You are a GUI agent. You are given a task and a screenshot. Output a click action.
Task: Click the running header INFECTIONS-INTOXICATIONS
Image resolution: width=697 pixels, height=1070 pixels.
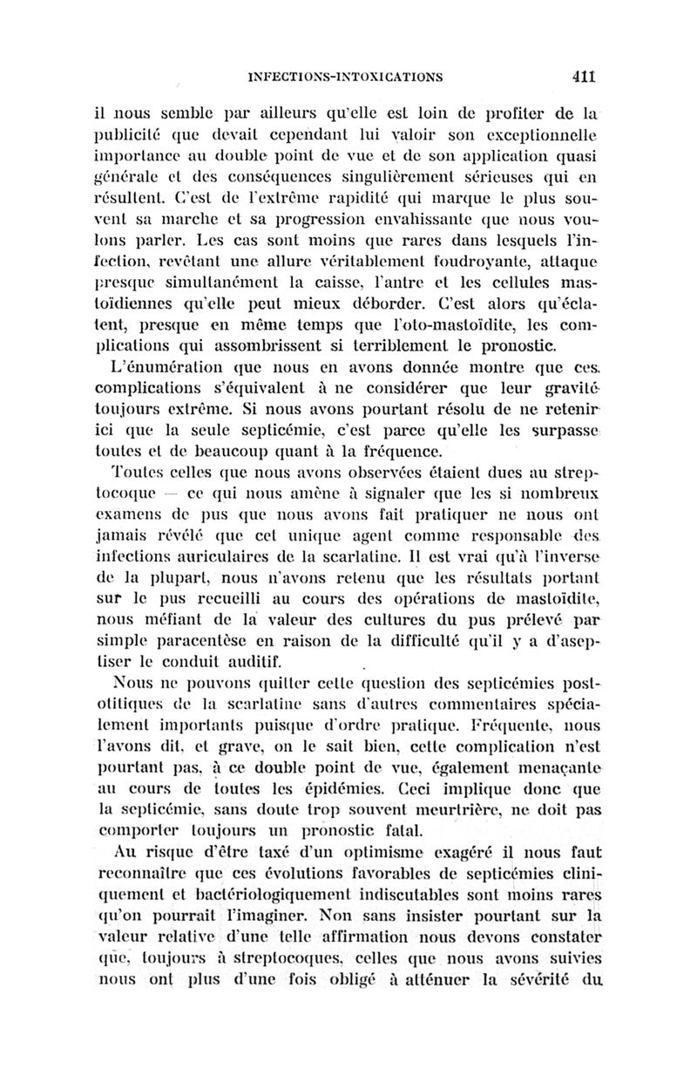(346, 77)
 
